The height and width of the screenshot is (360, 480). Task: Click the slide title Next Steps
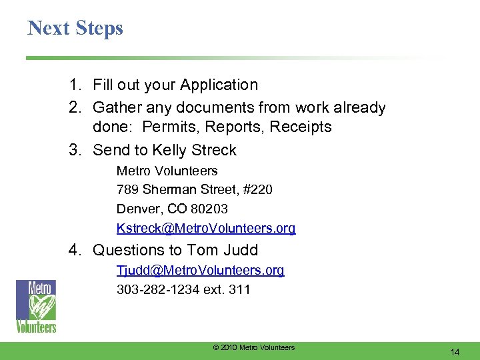(75, 28)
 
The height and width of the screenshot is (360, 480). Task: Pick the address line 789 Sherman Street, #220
(194, 190)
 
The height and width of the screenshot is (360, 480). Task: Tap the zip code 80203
(208, 209)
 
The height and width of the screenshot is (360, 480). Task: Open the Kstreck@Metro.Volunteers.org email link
(206, 229)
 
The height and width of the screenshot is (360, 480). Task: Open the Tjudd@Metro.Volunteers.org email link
(200, 270)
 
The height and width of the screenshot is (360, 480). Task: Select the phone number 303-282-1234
(156, 289)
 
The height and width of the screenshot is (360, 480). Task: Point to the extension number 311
(239, 289)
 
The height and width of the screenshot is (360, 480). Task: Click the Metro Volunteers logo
(36, 306)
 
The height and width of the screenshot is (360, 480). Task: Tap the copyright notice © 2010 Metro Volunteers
(253, 347)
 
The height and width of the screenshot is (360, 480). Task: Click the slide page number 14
(456, 352)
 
